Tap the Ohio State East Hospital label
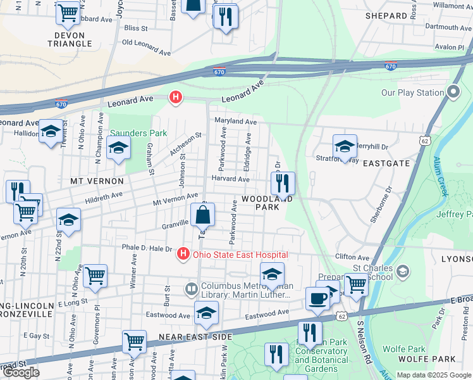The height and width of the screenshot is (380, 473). coord(240,255)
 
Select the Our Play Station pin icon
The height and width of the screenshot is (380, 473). coord(453,92)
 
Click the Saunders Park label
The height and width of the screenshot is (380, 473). coord(138,133)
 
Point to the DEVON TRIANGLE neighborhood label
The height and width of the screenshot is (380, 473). coord(70,39)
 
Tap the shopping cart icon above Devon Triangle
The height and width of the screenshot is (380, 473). coord(68,12)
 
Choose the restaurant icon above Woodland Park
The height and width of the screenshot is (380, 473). coord(283,183)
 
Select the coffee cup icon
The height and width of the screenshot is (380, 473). coord(317,298)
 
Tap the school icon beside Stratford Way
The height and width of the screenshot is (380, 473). coord(345,146)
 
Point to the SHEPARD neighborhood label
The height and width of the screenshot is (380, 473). coord(386,16)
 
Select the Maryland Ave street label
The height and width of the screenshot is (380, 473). coord(235,122)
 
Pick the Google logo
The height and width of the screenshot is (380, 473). coord(21,372)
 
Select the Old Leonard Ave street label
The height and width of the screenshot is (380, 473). coord(146,43)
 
